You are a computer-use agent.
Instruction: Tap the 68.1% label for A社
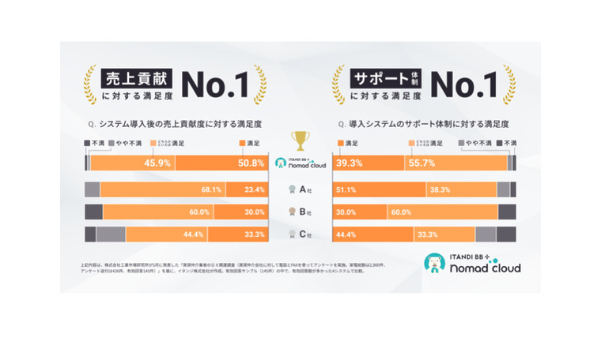point(210,189)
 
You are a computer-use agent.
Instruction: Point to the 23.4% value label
point(254,189)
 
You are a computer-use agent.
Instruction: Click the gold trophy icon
point(300,141)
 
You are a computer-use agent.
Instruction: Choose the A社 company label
point(300,189)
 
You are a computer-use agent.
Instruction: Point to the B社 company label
point(300,212)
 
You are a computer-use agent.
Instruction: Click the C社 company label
point(300,234)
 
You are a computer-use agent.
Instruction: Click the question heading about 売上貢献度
point(175,124)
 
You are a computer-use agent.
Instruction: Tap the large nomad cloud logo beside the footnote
point(471,264)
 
